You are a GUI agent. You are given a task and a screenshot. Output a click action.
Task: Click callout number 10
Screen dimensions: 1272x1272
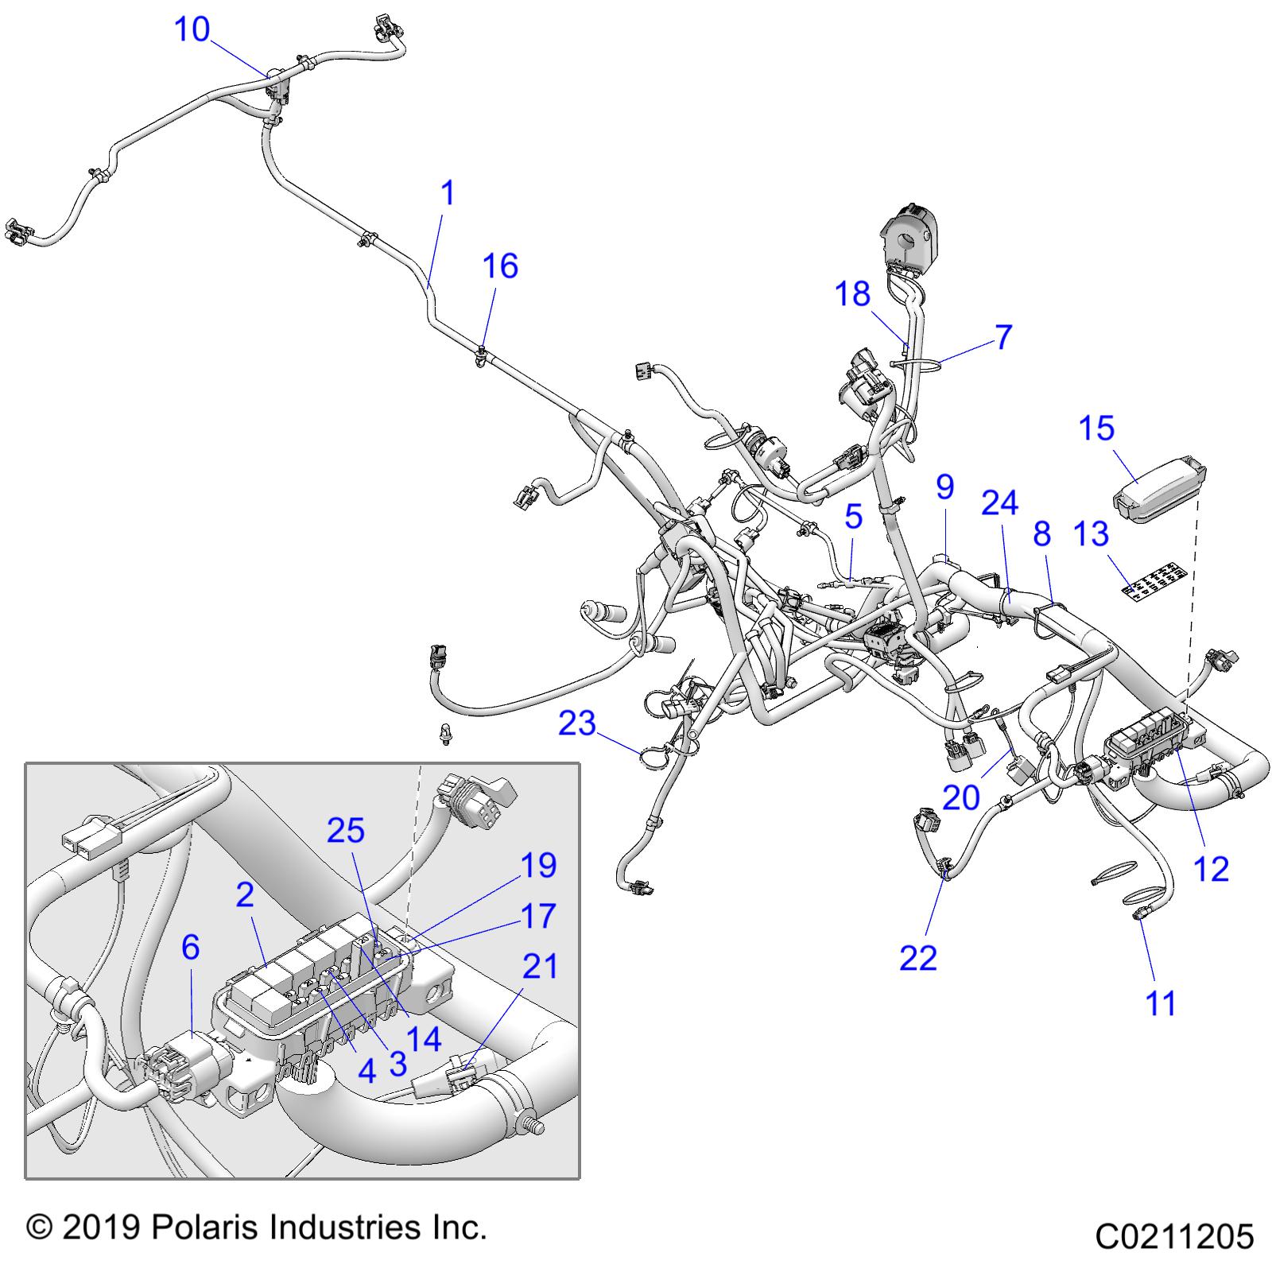(x=192, y=30)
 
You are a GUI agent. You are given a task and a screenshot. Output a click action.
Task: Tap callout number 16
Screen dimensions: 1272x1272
(x=501, y=266)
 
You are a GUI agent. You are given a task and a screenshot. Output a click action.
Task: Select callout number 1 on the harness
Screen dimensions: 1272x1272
(x=448, y=193)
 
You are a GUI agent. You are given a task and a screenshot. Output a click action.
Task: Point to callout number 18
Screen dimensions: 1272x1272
(x=852, y=294)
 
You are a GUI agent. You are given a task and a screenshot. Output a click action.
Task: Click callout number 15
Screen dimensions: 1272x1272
(x=1096, y=429)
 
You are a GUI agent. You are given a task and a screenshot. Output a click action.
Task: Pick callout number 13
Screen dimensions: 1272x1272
(x=1091, y=533)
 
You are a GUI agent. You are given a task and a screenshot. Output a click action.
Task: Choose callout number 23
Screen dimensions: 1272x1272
(x=577, y=723)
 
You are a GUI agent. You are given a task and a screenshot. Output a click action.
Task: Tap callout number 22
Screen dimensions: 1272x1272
(x=918, y=958)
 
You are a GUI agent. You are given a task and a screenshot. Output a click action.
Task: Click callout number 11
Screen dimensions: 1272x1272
(x=1161, y=1003)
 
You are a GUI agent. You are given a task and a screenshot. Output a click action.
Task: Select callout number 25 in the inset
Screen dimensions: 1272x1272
(x=346, y=831)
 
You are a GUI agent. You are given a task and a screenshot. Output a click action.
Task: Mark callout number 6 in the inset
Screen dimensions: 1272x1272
(x=190, y=947)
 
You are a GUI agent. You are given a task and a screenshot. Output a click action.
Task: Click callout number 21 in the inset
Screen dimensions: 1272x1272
(x=540, y=967)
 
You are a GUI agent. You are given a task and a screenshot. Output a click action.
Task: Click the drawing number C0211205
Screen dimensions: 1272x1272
(x=1174, y=1236)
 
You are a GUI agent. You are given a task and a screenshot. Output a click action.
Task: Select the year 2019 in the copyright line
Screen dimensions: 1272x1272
(x=101, y=1227)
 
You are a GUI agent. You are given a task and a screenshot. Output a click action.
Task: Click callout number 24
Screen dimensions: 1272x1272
(x=999, y=503)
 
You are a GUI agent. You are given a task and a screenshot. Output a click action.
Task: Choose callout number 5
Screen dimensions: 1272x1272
(x=853, y=516)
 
